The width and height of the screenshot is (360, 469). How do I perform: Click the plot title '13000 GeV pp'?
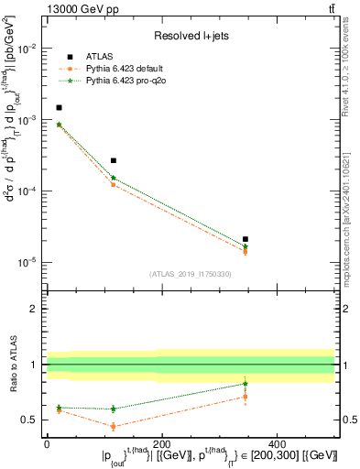[74, 8]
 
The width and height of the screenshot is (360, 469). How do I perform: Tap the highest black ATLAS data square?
[60, 107]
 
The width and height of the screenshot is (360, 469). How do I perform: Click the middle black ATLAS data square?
[114, 160]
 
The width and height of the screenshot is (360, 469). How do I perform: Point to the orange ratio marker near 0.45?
[114, 426]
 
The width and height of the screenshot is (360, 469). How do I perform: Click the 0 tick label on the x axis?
[47, 443]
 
